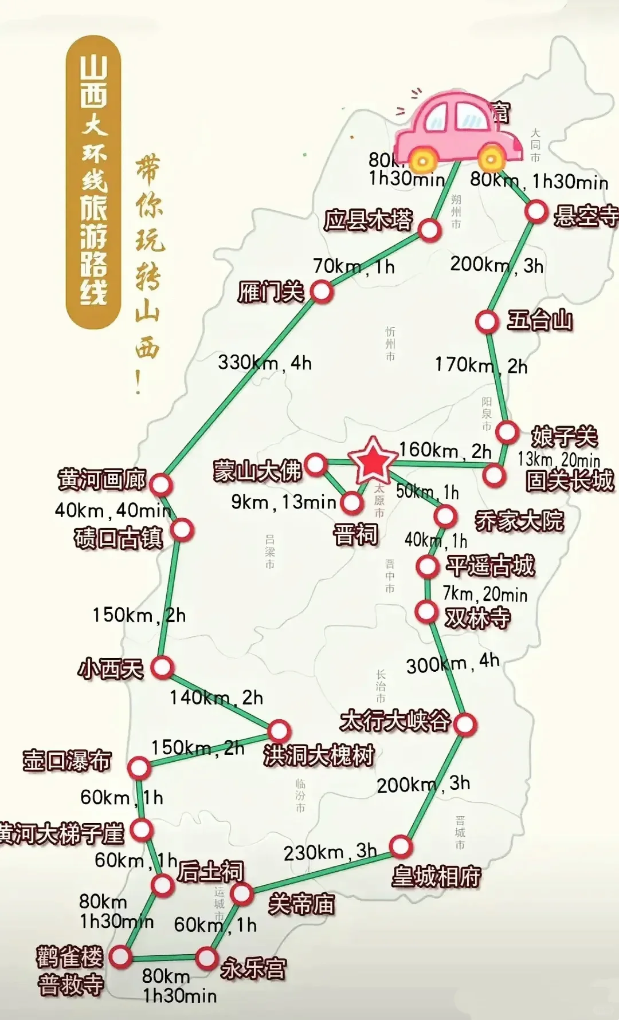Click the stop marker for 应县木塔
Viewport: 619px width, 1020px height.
pos(429,230)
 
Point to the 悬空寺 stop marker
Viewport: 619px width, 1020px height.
pos(536,211)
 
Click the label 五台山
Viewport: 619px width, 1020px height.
pos(540,320)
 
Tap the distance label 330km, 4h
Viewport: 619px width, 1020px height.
pos(264,363)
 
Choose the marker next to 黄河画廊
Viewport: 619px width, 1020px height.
pos(161,485)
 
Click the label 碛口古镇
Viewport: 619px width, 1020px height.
pos(118,538)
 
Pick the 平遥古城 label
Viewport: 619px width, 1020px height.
pos(491,566)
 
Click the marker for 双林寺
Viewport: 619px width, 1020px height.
pos(426,611)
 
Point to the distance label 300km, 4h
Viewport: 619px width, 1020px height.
pos(453,663)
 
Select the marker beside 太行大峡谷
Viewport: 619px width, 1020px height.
pos(465,724)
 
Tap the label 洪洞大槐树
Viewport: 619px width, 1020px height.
pos(319,755)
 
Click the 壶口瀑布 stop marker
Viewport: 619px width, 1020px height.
pos(139,767)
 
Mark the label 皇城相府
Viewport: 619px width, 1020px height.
pos(436,876)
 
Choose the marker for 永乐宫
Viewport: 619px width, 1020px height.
pos(206,958)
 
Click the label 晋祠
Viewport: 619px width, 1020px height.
pos(356,534)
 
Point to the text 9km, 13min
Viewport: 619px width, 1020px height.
pos(284,502)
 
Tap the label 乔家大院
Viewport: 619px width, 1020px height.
pos(519,521)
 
